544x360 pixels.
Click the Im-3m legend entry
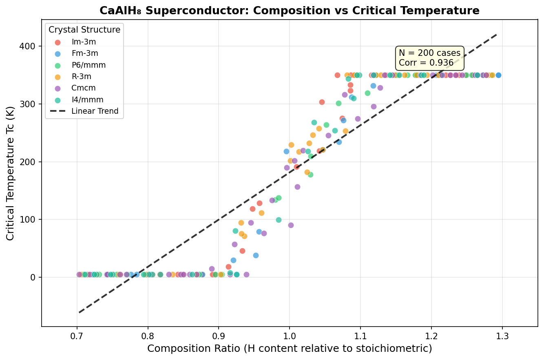[84, 42]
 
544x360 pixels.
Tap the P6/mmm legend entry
[88, 65]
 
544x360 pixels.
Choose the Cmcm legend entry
[83, 88]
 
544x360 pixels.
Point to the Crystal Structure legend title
[84, 30]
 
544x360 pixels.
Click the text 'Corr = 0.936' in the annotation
[426, 63]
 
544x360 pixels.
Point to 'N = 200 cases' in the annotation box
[429, 53]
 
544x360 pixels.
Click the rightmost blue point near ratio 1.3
[498, 75]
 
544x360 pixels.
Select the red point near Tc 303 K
[322, 102]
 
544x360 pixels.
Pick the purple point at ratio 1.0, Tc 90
[291, 225]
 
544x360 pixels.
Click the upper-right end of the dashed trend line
[496, 35]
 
